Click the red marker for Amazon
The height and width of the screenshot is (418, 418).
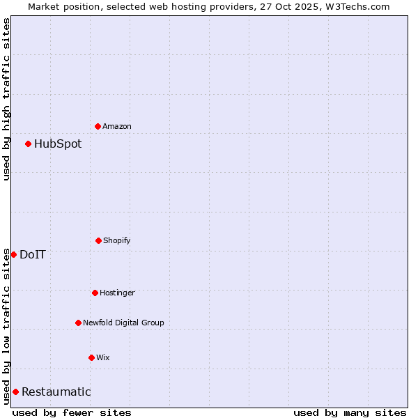[98, 126]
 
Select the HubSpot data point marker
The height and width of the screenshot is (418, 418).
[28, 144]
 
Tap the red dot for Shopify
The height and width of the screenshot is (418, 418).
[98, 240]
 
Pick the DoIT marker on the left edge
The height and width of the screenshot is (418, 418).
[13, 254]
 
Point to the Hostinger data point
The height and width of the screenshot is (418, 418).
[95, 293]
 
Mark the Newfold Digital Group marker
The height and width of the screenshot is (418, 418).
[78, 323]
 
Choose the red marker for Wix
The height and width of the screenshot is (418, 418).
[91, 357]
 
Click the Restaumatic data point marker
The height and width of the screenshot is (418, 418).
[15, 392]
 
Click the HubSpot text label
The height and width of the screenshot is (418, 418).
[58, 144]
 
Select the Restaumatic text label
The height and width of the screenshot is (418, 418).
[56, 392]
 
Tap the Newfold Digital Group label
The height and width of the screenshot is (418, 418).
[123, 323]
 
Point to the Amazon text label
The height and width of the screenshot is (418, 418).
[116, 126]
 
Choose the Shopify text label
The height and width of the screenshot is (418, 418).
[116, 240]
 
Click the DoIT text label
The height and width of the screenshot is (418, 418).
[33, 255]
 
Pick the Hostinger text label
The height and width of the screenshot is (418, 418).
[117, 293]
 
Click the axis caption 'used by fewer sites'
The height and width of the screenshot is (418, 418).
[72, 412]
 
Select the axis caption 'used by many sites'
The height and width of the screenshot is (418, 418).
[350, 412]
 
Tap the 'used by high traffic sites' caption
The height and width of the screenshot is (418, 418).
[6, 99]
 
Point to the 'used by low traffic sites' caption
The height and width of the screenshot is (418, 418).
[6, 326]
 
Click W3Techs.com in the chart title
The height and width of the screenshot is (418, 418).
[356, 6]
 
